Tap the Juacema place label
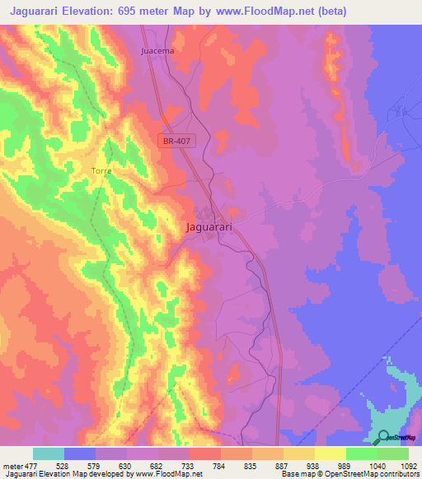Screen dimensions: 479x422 tap(157, 50)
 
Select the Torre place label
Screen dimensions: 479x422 tap(101, 171)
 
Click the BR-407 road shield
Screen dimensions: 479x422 tap(176, 142)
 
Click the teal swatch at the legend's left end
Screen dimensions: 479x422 tap(49, 453)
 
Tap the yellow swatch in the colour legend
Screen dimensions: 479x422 tap(330, 453)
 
